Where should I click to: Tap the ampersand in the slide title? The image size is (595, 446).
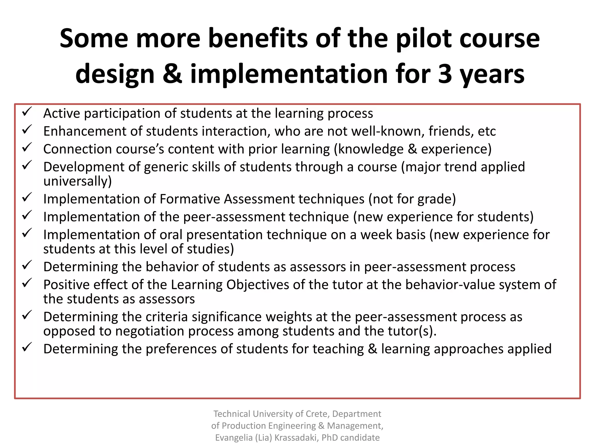coord(172,74)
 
